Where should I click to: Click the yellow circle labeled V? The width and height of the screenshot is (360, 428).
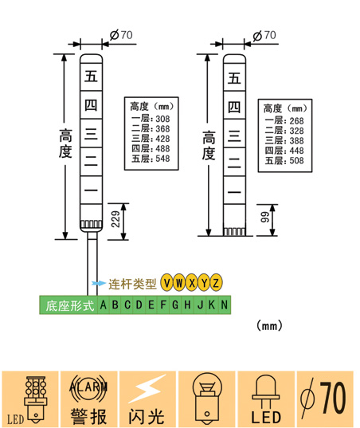pyautogui.click(x=167, y=282)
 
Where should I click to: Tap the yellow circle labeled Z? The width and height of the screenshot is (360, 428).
pyautogui.click(x=216, y=282)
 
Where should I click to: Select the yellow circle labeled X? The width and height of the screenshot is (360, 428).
pyautogui.click(x=192, y=282)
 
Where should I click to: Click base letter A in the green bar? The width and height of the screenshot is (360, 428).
pyautogui.click(x=103, y=304)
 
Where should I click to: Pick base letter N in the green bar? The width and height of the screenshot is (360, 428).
pyautogui.click(x=224, y=304)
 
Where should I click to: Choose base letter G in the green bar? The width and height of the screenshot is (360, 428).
pyautogui.click(x=175, y=304)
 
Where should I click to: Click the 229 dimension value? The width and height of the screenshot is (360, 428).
pyautogui.click(x=115, y=219)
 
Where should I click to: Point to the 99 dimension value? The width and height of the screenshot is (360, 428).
pyautogui.click(x=264, y=217)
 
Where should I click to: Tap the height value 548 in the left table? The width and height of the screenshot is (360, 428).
pyautogui.click(x=162, y=159)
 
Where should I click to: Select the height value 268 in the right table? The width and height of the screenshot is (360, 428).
pyautogui.click(x=296, y=120)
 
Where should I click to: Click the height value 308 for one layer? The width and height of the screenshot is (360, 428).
pyautogui.click(x=162, y=119)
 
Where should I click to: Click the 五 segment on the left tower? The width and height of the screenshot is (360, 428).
pyautogui.click(x=91, y=77)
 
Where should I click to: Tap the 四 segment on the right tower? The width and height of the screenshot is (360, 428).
pyautogui.click(x=234, y=107)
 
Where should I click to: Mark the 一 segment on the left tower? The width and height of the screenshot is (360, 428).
pyautogui.click(x=91, y=190)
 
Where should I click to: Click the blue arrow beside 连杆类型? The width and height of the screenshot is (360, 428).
pyautogui.click(x=99, y=283)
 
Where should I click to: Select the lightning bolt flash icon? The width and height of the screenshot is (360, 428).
pyautogui.click(x=147, y=388)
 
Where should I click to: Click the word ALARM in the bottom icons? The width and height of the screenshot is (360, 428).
pyautogui.click(x=88, y=387)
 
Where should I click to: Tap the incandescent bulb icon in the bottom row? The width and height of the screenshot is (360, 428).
pyautogui.click(x=207, y=398)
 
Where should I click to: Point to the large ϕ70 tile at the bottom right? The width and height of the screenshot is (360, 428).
pyautogui.click(x=325, y=399)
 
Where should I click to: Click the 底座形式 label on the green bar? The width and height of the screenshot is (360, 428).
pyautogui.click(x=70, y=306)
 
